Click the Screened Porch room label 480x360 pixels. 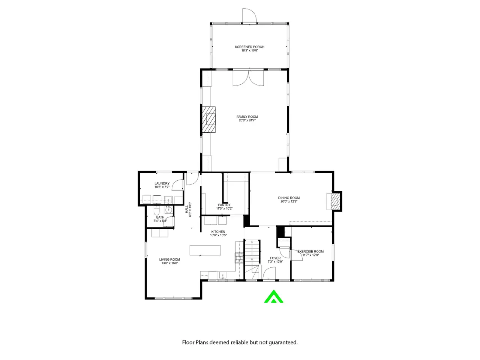pyautogui.click(x=249, y=47)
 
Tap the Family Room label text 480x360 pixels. pyautogui.click(x=247, y=117)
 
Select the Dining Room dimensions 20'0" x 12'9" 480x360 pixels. pyautogui.click(x=289, y=201)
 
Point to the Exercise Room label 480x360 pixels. pyautogui.click(x=310, y=252)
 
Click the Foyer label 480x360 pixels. pyautogui.click(x=275, y=258)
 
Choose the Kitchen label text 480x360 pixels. pyautogui.click(x=218, y=232)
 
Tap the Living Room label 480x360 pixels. pyautogui.click(x=169, y=259)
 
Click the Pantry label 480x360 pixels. pyautogui.click(x=224, y=205)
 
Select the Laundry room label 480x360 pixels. pyautogui.click(x=162, y=183)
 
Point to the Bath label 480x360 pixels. pyautogui.click(x=160, y=217)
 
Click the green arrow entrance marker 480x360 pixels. pyautogui.click(x=273, y=297)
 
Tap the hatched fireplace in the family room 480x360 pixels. pyautogui.click(x=208, y=119)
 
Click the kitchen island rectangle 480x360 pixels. pyautogui.click(x=205, y=250)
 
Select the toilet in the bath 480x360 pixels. pyautogui.click(x=157, y=210)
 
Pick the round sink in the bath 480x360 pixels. pyautogui.click(x=169, y=210)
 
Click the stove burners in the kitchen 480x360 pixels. pyautogui.click(x=239, y=258)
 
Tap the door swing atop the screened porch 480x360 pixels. pyautogui.click(x=249, y=15)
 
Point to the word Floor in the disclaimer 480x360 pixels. pyautogui.click(x=188, y=342)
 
